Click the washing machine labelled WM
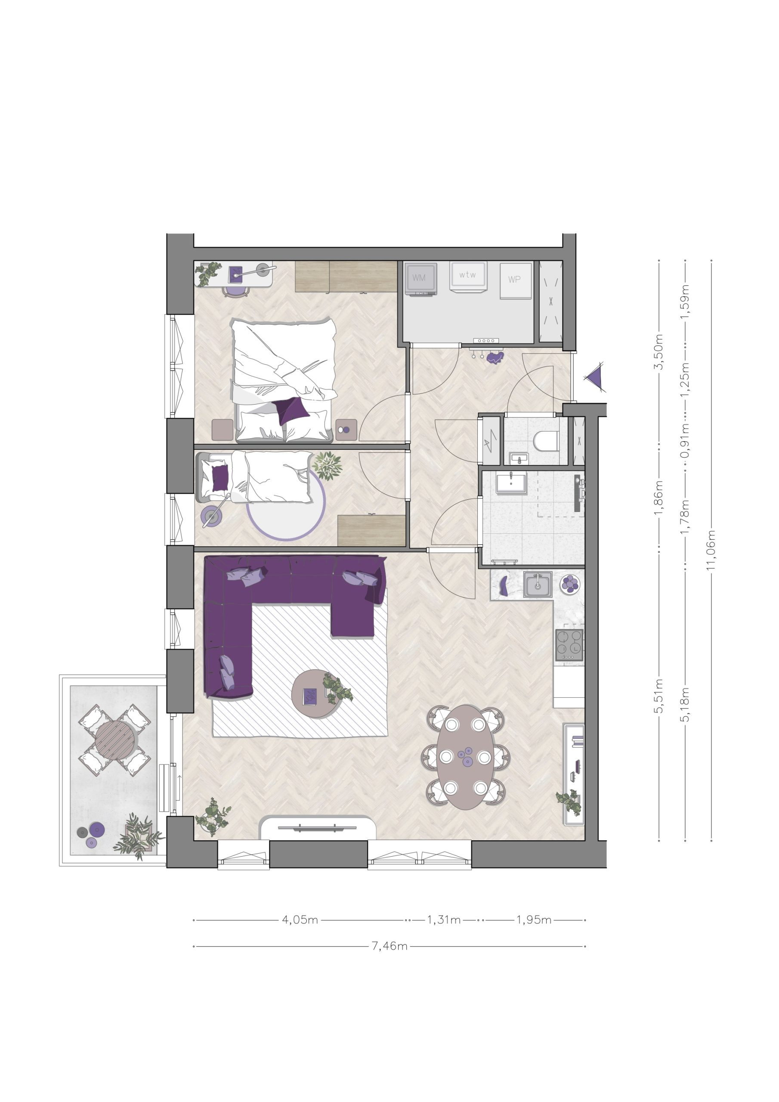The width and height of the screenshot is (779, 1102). pos(421,279)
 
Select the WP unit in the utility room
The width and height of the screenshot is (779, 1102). pos(516,280)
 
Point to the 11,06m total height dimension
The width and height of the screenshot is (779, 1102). pos(711,550)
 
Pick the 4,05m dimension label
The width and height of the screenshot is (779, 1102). pos(300,920)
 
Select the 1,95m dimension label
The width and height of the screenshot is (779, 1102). pos(534,920)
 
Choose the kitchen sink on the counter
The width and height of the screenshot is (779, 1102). pos(538,584)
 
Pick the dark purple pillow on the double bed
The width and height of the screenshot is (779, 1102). pos(291,411)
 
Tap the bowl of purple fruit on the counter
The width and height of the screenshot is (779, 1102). pos(570,584)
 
